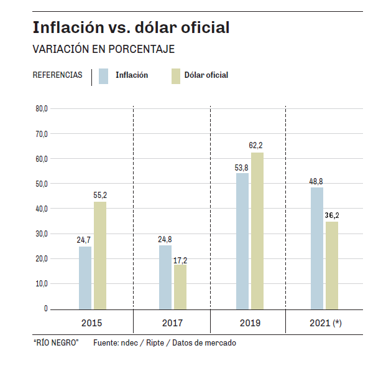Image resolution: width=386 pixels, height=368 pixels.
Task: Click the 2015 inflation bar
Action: click(85, 278)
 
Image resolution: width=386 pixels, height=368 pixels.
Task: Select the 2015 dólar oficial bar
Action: click(100, 255)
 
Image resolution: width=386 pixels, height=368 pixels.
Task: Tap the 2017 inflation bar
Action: click(165, 277)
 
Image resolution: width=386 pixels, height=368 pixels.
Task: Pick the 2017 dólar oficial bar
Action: click(180, 287)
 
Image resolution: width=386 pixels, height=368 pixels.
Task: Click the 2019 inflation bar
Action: click(242, 241)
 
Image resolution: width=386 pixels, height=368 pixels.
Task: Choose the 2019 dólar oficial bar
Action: click(257, 230)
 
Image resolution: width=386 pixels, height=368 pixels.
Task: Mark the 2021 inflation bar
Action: click(317, 248)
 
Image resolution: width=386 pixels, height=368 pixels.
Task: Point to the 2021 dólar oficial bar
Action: click(332, 265)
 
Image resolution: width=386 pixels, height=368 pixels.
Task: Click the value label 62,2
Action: click(256, 146)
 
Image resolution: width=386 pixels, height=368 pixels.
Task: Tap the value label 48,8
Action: click(316, 181)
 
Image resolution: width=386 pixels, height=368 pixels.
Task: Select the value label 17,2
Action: click(180, 259)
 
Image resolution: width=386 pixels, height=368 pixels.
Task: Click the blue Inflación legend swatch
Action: click(104, 75)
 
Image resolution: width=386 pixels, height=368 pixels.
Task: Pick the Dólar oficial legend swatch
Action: click(175, 75)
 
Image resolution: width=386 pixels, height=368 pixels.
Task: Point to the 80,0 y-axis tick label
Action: click(41, 109)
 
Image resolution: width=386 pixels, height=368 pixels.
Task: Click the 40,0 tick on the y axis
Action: click(41, 209)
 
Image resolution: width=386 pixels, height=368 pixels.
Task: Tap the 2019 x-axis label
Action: click(249, 323)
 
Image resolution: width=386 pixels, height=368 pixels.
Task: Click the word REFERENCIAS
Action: click(57, 75)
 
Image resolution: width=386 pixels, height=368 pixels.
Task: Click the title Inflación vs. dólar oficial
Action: click(131, 28)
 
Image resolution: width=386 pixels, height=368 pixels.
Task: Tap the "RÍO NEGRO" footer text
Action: click(55, 343)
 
